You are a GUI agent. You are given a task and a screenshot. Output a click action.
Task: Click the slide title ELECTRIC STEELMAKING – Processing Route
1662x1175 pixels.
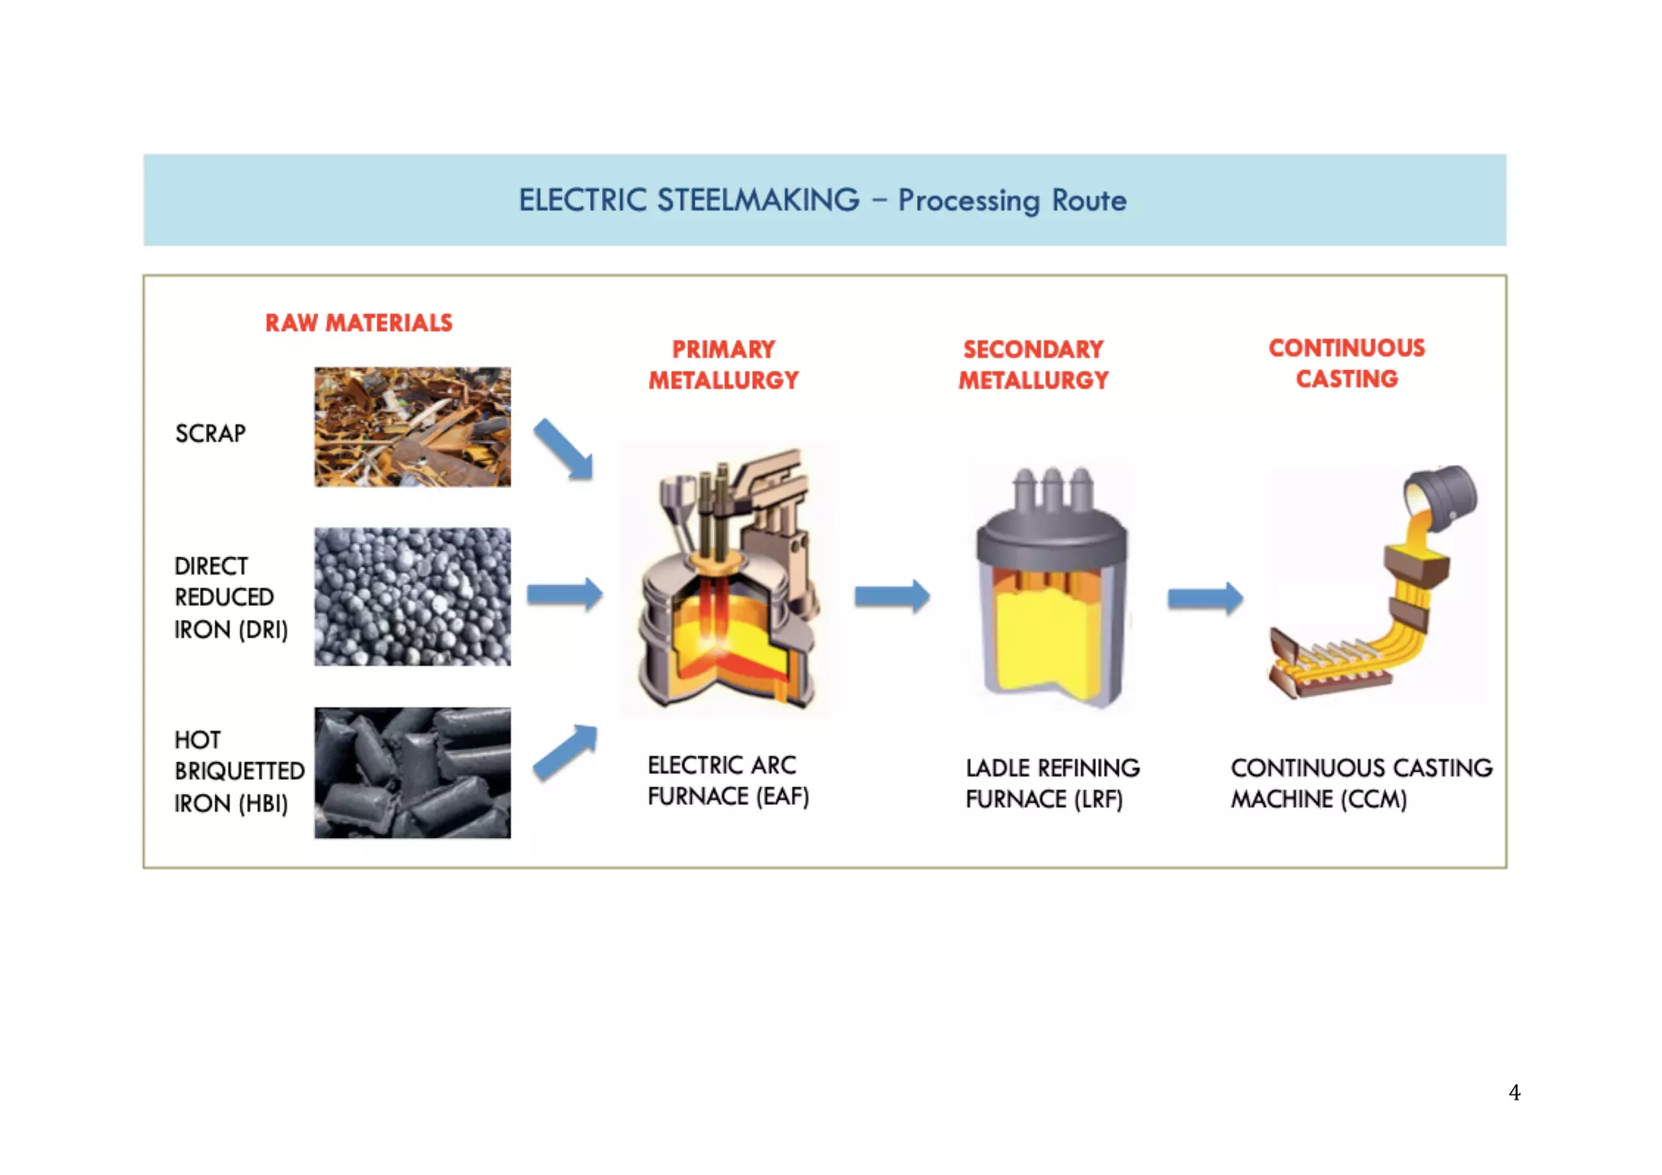pos(822,200)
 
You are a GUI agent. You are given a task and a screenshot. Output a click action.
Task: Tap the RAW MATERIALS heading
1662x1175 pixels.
pos(359,323)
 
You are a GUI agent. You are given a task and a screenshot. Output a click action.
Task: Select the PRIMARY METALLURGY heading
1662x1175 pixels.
pos(723,364)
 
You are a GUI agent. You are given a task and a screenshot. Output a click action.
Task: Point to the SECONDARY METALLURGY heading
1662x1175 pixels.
pos(1033,364)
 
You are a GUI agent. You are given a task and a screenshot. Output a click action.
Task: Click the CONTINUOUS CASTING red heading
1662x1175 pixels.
pos(1346,363)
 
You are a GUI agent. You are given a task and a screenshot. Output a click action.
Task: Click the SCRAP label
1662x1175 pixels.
pos(210,433)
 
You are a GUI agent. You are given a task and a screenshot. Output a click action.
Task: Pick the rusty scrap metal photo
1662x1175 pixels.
pos(412,427)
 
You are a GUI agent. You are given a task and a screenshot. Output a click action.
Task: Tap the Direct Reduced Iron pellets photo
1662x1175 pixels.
pos(412,596)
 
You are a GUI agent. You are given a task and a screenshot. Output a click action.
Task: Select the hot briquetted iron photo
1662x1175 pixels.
pos(412,773)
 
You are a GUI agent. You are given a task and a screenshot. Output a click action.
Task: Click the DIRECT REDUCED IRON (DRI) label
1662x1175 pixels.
pos(230,597)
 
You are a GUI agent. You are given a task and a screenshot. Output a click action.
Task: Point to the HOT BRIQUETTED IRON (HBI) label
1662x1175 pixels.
pos(238,771)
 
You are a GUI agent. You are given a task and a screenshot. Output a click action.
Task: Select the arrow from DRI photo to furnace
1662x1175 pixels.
pos(565,594)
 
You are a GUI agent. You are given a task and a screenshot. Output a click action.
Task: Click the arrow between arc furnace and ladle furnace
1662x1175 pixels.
pos(891,596)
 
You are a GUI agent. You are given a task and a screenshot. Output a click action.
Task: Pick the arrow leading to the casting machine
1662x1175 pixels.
pos(1205,599)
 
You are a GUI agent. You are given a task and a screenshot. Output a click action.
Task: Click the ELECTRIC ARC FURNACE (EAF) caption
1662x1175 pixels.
pos(728,781)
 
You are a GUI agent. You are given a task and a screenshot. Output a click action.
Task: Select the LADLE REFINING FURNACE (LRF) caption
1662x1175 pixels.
pos(1052,783)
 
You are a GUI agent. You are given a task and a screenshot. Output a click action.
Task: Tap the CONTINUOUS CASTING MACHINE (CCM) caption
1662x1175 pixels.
pos(1361,783)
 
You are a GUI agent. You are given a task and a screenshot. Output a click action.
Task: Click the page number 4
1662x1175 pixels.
pos(1514,1092)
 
